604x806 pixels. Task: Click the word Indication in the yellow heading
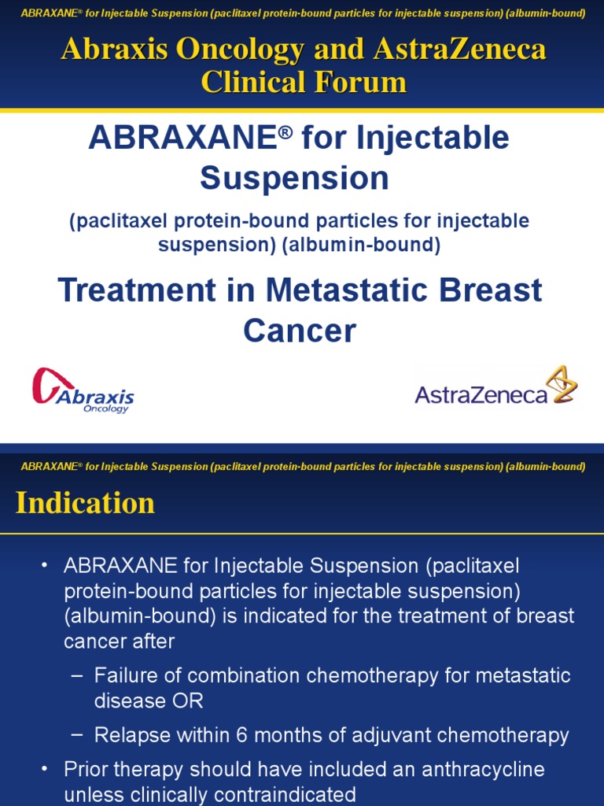coord(85,504)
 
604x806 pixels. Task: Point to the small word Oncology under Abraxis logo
coord(105,409)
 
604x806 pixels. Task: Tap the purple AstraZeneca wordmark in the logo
coord(481,394)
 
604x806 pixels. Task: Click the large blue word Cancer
coord(300,331)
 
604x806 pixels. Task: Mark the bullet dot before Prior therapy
coord(45,769)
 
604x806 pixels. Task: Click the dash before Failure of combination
coord(76,675)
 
